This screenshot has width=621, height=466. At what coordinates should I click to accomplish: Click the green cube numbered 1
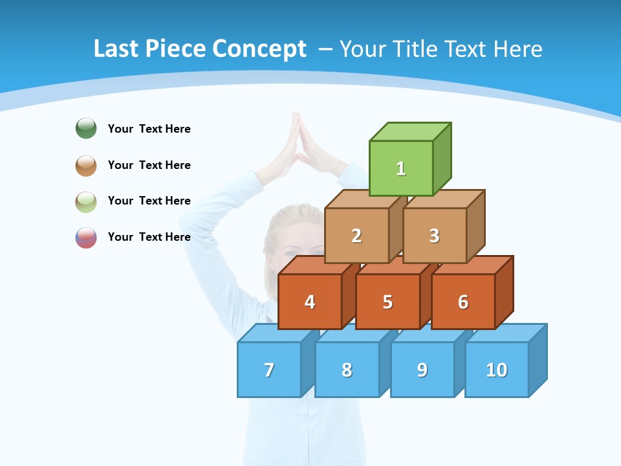tap(401, 168)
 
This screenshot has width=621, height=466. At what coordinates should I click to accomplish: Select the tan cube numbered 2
tap(356, 236)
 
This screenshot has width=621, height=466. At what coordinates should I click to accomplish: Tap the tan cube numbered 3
tap(434, 236)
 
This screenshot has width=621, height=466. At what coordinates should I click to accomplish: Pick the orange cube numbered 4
tap(310, 302)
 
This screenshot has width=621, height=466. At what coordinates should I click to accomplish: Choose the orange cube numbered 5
tap(387, 302)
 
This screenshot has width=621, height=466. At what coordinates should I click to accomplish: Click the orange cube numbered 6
tap(463, 302)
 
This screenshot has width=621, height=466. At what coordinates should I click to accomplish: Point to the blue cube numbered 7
tap(269, 370)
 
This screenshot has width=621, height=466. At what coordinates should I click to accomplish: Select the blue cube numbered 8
tap(347, 370)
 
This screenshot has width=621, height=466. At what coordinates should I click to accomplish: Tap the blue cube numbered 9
tap(422, 370)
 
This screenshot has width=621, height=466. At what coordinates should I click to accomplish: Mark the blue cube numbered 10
tap(497, 370)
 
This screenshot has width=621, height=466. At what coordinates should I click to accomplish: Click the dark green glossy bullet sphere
tap(86, 128)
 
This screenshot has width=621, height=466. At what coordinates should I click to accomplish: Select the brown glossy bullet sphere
tap(86, 165)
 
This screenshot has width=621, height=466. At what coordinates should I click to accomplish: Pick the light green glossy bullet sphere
tap(86, 201)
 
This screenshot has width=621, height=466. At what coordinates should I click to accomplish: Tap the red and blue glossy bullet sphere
tap(86, 237)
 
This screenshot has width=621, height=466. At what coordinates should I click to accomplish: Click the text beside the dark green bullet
tap(149, 129)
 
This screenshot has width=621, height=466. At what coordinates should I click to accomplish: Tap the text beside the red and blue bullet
tap(149, 237)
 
